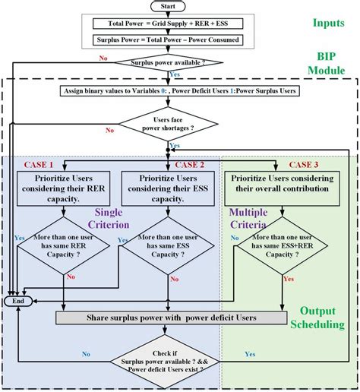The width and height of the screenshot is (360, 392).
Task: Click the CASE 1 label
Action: coord(39,164)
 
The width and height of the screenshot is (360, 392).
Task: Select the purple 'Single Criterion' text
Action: coord(112,218)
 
